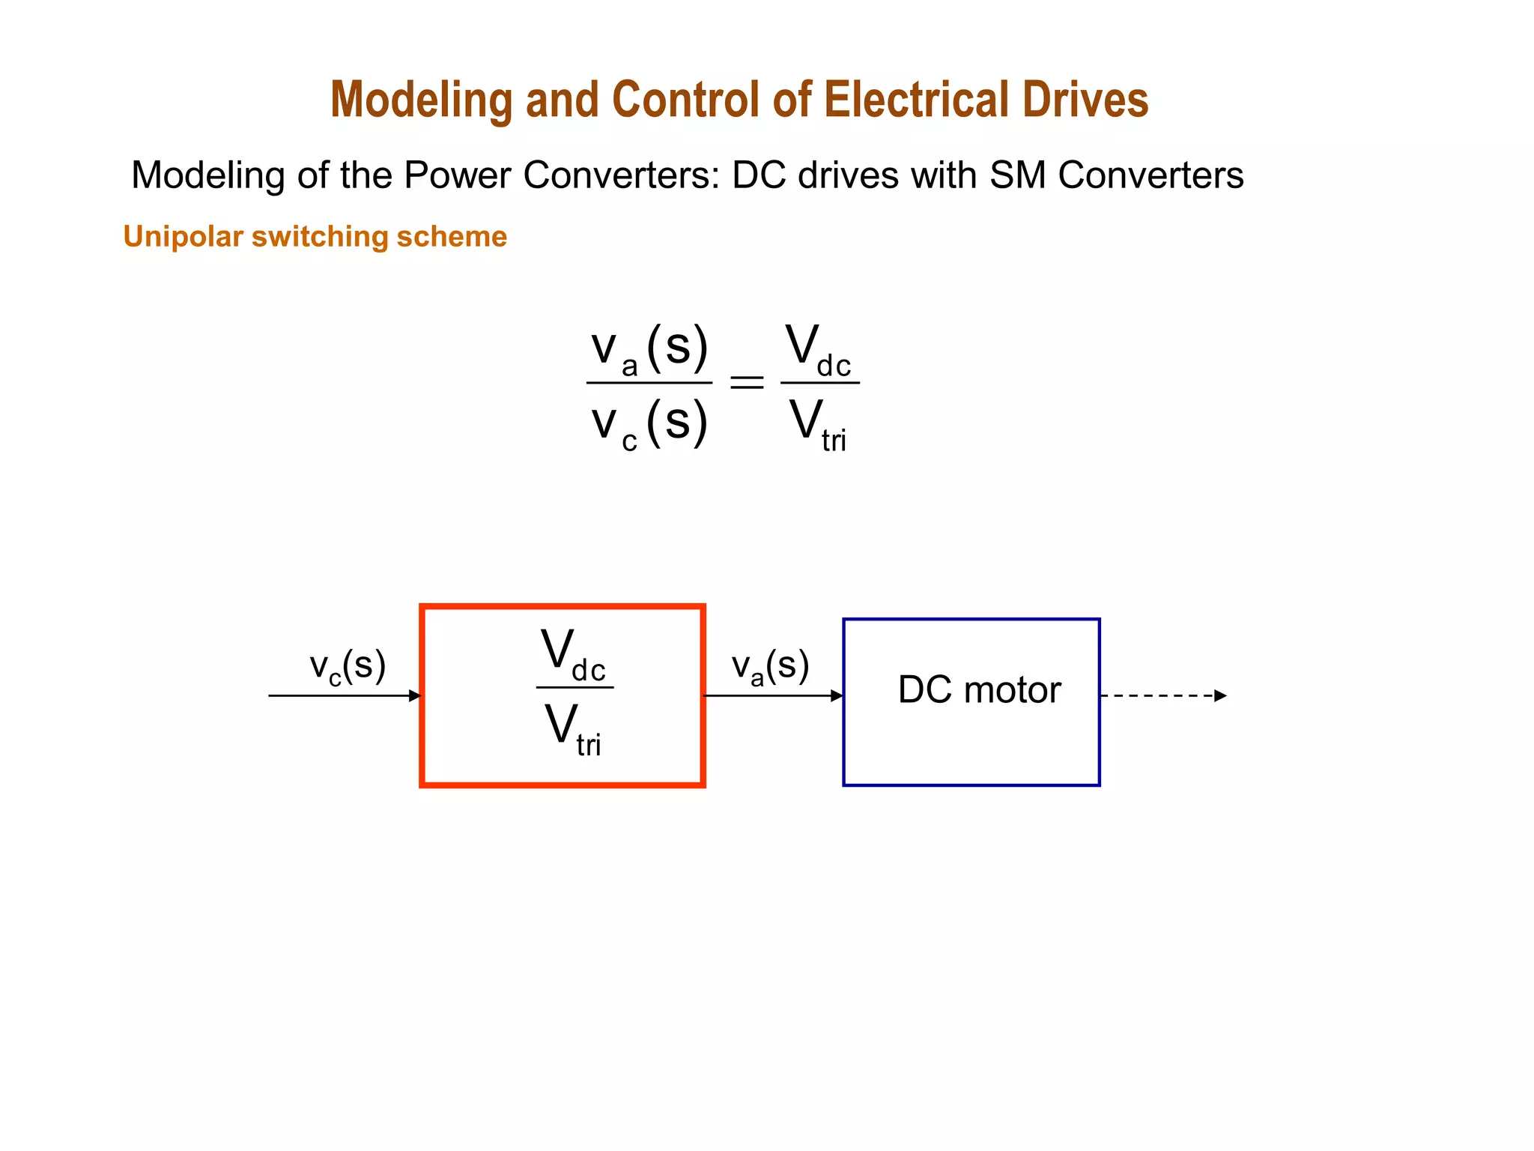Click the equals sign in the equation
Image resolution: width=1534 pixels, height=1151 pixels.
coord(746,383)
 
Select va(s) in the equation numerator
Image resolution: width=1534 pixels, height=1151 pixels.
coord(649,349)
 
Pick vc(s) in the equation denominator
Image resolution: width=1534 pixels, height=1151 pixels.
coord(649,423)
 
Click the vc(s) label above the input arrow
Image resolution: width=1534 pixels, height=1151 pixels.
coord(348,666)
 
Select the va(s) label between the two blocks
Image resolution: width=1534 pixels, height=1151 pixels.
coord(770,666)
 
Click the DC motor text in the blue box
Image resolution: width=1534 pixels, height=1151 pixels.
coord(979,689)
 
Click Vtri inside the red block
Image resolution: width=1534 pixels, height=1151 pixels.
coord(573,728)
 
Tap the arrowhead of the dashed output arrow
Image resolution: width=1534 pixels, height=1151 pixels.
coord(1220,695)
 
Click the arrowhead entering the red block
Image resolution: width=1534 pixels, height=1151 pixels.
coord(415,695)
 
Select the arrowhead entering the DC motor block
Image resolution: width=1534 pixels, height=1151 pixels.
coord(837,695)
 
